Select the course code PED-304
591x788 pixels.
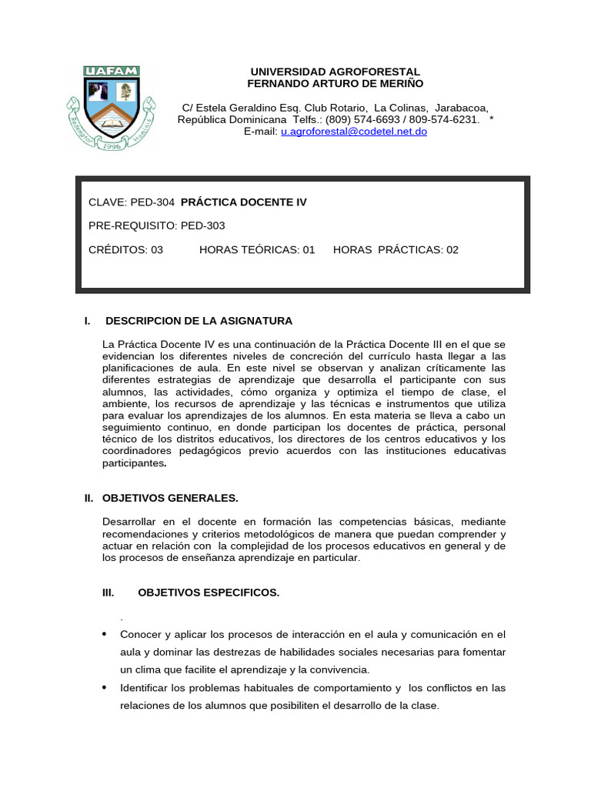(153, 202)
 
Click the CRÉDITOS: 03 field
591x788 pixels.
(126, 249)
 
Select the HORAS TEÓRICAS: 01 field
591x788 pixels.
(257, 249)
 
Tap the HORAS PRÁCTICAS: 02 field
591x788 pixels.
(396, 249)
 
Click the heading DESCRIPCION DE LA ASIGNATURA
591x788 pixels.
(199, 320)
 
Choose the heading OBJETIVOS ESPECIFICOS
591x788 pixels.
(209, 593)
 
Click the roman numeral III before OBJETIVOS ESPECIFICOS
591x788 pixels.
(108, 593)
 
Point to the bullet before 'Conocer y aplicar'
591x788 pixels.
(105, 634)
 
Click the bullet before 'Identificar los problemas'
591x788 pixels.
(105, 687)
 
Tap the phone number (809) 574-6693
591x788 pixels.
(360, 120)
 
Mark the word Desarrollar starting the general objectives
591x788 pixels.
(132, 521)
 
